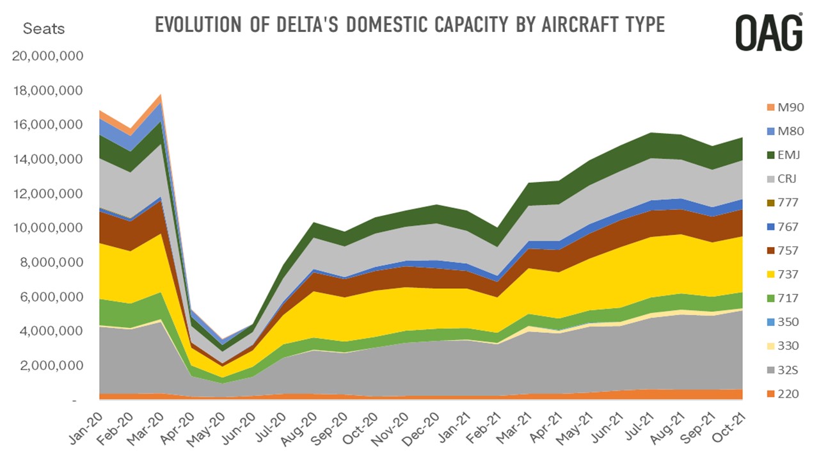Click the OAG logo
click(x=768, y=33)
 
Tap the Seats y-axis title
click(x=44, y=29)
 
